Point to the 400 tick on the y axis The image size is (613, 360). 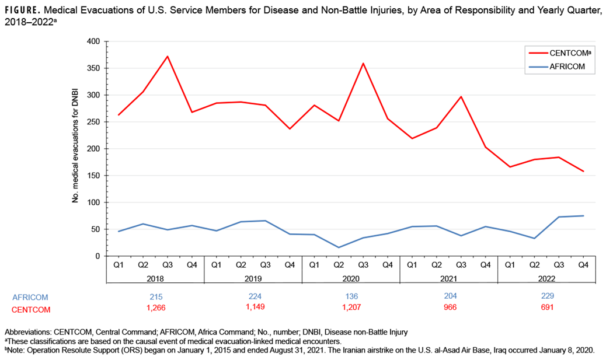click(x=92, y=41)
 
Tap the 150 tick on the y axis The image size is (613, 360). click(x=92, y=176)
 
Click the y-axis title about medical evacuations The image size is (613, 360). click(x=75, y=149)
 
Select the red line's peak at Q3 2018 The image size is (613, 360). click(x=168, y=57)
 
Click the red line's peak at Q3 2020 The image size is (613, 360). click(x=363, y=64)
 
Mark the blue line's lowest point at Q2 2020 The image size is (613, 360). click(x=339, y=247)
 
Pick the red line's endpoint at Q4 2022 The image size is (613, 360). click(x=583, y=172)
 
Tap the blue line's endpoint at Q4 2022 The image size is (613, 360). click(x=583, y=216)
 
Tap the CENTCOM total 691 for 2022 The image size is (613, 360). click(x=546, y=307)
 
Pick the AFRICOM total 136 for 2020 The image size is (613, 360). click(x=351, y=296)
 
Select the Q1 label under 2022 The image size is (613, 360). click(x=510, y=264)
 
